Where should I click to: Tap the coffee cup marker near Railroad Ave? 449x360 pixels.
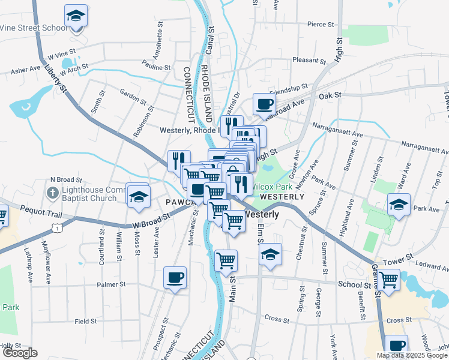coord(264,104)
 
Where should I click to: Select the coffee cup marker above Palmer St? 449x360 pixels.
coord(175,278)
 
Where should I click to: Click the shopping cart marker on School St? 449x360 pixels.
coord(389,280)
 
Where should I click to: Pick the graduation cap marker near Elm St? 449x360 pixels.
coord(271,254)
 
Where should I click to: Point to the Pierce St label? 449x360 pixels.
coord(320,25)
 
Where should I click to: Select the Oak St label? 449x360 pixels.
coord(330,96)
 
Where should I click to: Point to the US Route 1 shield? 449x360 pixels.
coord(56,228)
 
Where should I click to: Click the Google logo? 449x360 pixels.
coord(20,353)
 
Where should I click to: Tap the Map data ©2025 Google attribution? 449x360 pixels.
coord(411,355)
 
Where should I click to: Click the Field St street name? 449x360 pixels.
coord(86,322)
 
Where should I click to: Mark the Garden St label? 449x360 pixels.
coord(133,95)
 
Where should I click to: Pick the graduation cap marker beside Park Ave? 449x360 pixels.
coord(399,204)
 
